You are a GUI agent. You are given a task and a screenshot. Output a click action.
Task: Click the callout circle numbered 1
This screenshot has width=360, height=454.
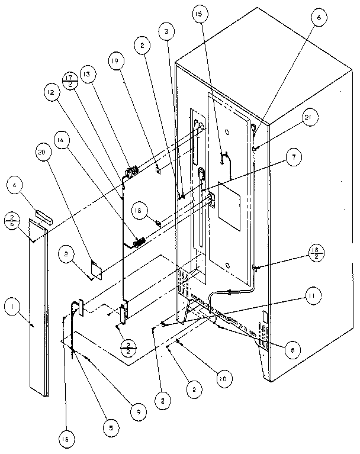tap(11, 307)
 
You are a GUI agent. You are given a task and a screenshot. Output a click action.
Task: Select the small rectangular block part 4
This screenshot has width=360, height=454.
tap(44, 214)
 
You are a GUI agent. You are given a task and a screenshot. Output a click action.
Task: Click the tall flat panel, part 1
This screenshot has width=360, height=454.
tap(39, 308)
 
